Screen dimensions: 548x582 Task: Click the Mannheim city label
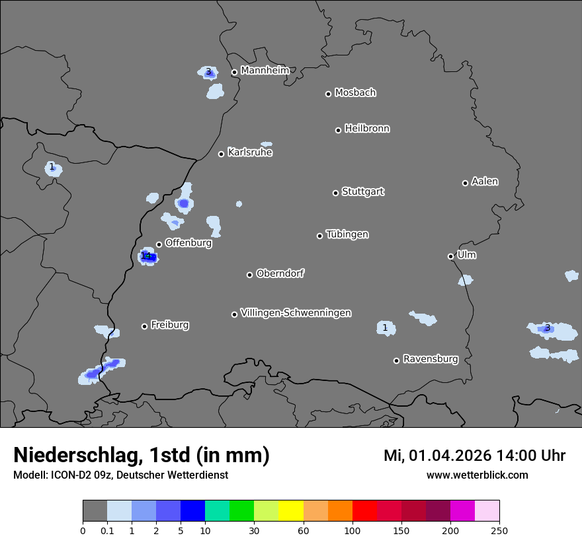click(x=265, y=70)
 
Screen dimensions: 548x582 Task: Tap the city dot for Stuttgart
click(x=335, y=193)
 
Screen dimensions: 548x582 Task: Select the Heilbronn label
click(x=367, y=128)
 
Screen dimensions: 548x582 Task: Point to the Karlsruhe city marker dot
click(x=222, y=154)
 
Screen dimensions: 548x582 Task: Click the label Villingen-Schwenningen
click(x=296, y=312)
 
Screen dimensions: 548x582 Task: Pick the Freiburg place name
click(x=169, y=325)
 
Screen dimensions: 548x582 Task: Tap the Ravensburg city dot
click(x=396, y=360)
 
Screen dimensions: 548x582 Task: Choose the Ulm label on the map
click(x=466, y=255)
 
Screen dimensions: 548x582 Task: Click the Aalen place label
click(x=485, y=182)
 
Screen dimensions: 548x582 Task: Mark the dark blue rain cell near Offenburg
click(x=149, y=257)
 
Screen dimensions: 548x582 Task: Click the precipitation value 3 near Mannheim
click(x=208, y=71)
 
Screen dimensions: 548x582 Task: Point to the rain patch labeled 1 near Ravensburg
click(x=385, y=327)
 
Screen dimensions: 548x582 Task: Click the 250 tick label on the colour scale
click(x=499, y=530)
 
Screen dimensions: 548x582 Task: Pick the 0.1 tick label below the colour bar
click(x=107, y=530)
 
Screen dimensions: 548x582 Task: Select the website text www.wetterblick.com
click(x=477, y=475)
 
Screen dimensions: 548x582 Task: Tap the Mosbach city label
click(x=355, y=92)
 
